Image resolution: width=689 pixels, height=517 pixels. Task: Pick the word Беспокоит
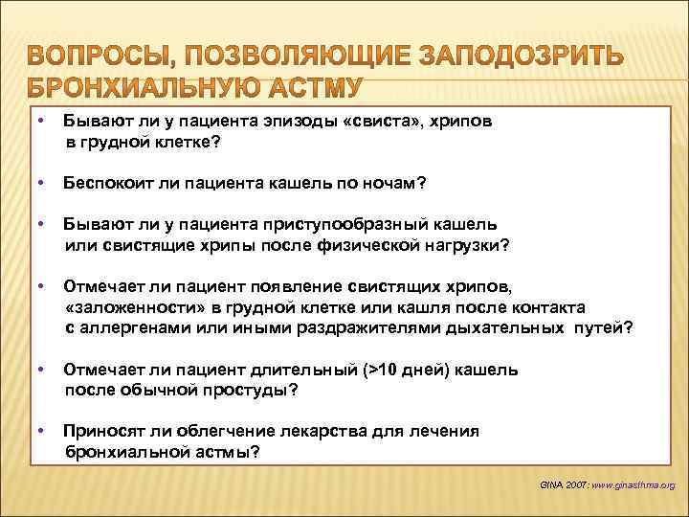tap(107, 183)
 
